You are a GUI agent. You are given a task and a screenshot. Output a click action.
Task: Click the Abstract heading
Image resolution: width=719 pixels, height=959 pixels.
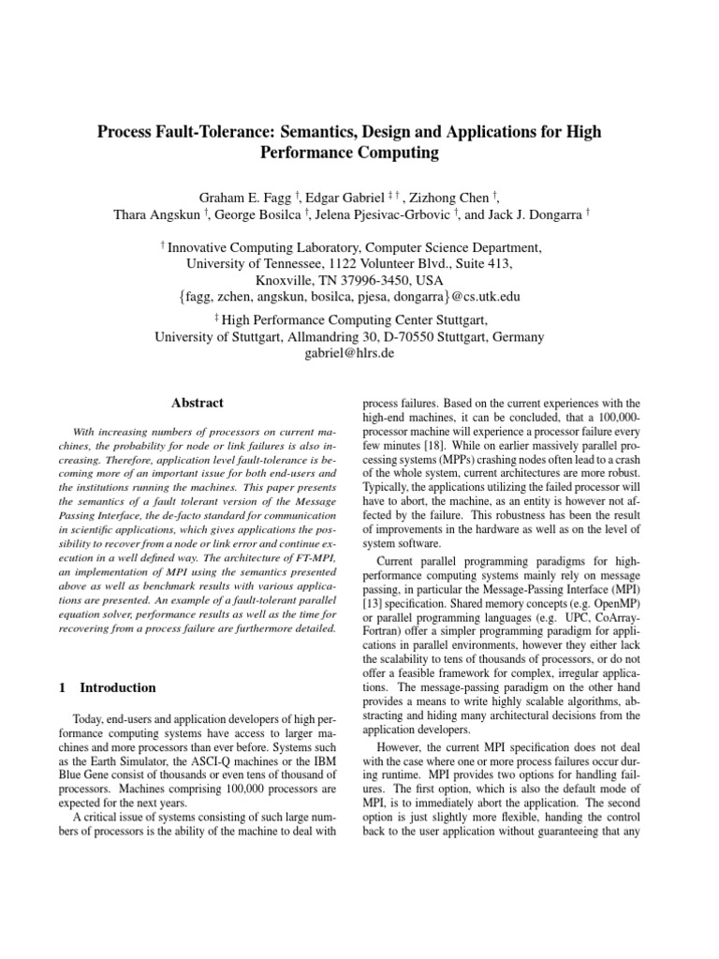point(197,403)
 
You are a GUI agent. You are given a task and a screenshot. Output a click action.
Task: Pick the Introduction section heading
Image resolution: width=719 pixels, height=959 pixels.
point(118,687)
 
